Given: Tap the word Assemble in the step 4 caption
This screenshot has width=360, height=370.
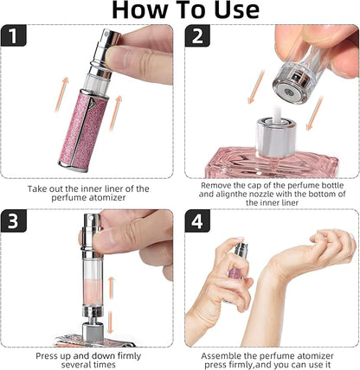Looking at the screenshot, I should click(225, 354).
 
